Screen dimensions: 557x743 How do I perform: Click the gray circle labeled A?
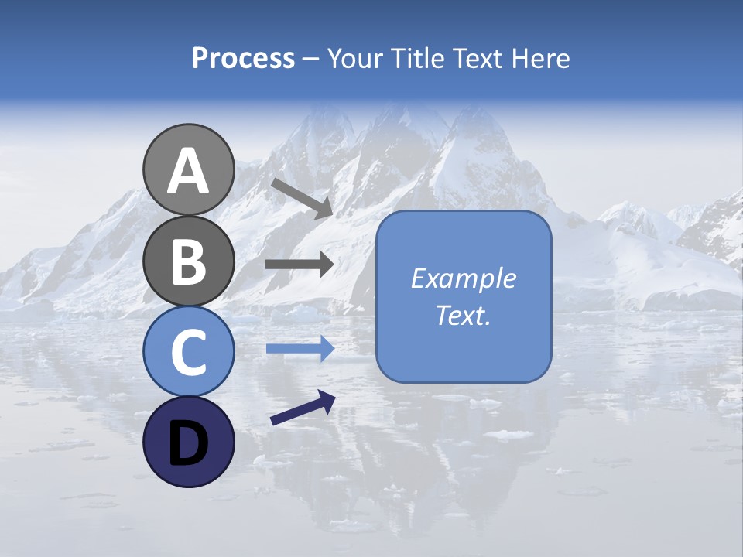(188, 169)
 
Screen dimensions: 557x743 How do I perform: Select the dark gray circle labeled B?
(188, 260)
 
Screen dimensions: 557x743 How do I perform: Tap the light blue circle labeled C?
(188, 351)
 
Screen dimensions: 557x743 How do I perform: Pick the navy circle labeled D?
(188, 442)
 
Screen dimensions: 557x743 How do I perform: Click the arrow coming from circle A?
(301, 198)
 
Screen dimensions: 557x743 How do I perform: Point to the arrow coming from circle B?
(299, 265)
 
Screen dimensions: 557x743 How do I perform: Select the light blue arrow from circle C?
(299, 350)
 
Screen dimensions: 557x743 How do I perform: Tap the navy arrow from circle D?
(302, 408)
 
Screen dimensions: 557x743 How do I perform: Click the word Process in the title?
(243, 59)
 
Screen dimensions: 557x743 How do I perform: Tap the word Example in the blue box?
(463, 278)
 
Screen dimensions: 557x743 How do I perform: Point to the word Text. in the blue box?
(463, 315)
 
